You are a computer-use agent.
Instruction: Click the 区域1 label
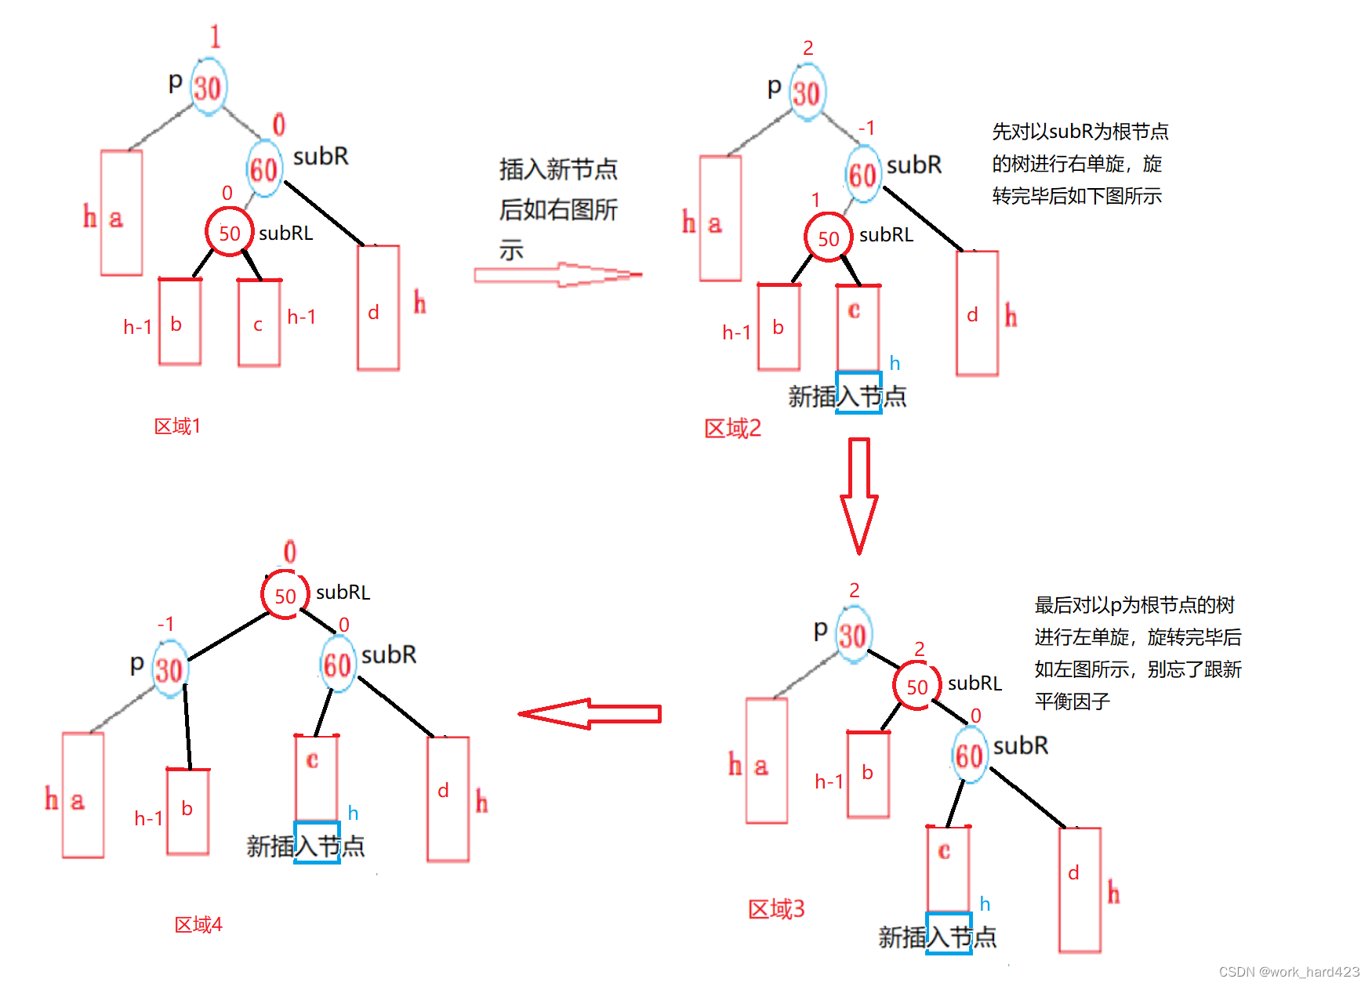pyautogui.click(x=177, y=426)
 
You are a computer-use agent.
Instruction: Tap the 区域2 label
pyautogui.click(x=732, y=429)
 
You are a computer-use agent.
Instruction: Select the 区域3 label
pyautogui.click(x=776, y=909)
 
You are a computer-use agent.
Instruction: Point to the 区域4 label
pyautogui.click(x=198, y=925)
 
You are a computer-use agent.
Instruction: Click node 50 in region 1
pyautogui.click(x=229, y=233)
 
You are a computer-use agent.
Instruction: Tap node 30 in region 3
pyautogui.click(x=852, y=636)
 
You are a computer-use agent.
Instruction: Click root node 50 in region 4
pyautogui.click(x=285, y=596)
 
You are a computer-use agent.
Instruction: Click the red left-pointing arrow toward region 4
pyautogui.click(x=590, y=714)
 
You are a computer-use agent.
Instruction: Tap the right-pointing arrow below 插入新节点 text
pyautogui.click(x=558, y=275)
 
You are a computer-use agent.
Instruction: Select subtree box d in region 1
pyautogui.click(x=378, y=308)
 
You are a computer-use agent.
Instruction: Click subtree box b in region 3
pyautogui.click(x=868, y=774)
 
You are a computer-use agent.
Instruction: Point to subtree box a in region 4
pyautogui.click(x=83, y=795)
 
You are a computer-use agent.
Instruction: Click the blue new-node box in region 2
pyautogui.click(x=859, y=393)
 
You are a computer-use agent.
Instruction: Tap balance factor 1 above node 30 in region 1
pyautogui.click(x=215, y=37)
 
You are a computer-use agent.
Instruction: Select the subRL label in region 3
pyautogui.click(x=975, y=683)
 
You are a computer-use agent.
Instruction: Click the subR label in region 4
pyautogui.click(x=389, y=654)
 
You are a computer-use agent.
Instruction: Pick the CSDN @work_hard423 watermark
pyautogui.click(x=1289, y=972)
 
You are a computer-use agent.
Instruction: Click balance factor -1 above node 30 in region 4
pyautogui.click(x=165, y=624)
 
